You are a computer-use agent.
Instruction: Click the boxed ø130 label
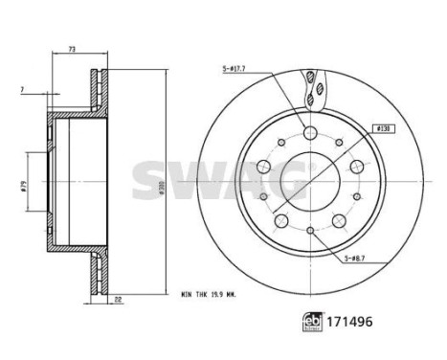pyautogui.click(x=381, y=126)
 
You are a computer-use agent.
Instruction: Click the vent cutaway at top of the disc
pyautogui.click(x=311, y=89)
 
